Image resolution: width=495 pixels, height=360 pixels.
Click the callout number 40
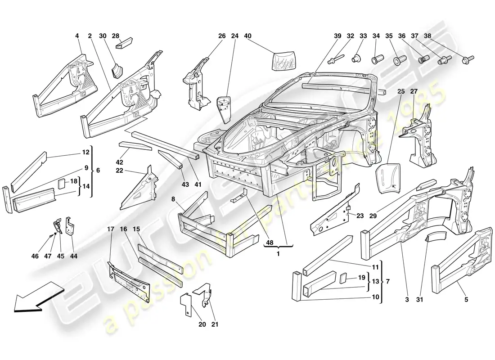247,36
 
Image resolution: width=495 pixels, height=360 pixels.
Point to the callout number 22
119,170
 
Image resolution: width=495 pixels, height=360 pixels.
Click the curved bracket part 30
117,70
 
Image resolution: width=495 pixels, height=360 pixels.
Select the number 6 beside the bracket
98,171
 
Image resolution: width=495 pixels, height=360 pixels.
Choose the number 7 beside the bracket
387,282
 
